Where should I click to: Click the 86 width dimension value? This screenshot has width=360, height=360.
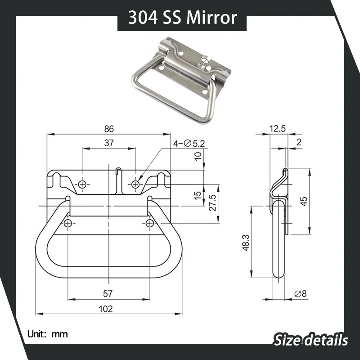click(x=109, y=129)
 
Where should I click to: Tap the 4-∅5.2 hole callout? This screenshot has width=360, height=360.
click(x=189, y=144)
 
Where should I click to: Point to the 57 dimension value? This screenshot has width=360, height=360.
click(x=108, y=294)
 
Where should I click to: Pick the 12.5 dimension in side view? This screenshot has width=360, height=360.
click(x=277, y=129)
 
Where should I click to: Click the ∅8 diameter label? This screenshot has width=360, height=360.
click(x=300, y=293)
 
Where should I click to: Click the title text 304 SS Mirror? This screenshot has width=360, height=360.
click(x=182, y=18)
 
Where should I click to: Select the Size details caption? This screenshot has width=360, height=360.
click(x=310, y=339)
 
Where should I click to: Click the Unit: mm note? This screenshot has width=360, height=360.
click(x=47, y=334)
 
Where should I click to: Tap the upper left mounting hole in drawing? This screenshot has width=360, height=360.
click(x=82, y=184)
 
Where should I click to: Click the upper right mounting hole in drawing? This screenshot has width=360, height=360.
click(x=135, y=184)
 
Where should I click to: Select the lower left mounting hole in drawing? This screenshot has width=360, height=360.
click(x=68, y=224)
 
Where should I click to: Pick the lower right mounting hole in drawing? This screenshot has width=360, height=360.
click(x=150, y=224)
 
